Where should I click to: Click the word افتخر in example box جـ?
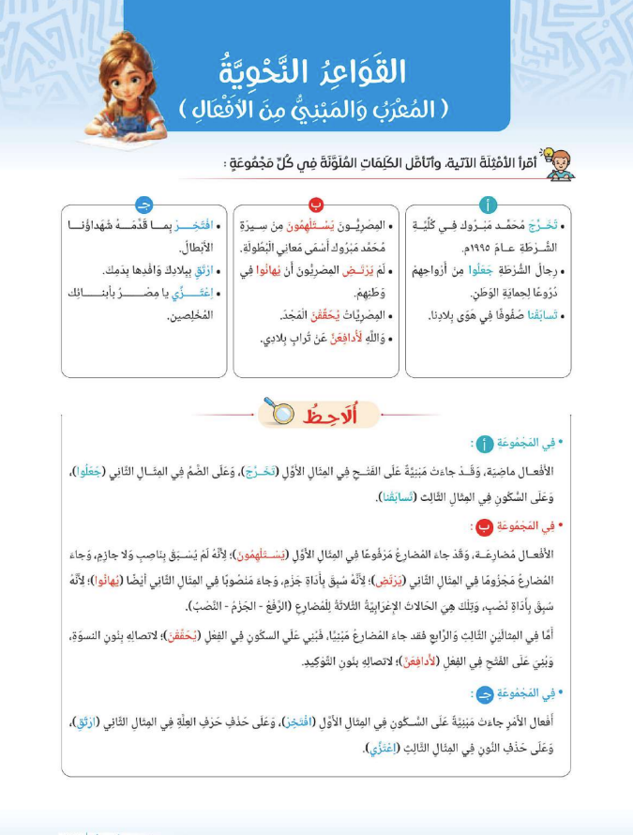pos(198,227)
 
